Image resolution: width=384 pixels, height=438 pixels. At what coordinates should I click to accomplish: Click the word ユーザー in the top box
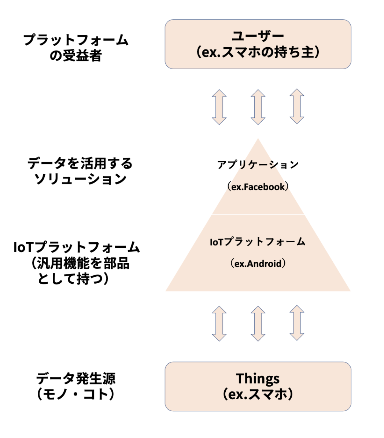(258, 36)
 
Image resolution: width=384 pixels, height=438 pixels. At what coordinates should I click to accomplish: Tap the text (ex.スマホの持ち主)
(258, 52)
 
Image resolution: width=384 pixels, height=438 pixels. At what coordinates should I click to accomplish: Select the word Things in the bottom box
(258, 378)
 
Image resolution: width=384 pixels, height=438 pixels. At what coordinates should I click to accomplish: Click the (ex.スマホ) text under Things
(258, 394)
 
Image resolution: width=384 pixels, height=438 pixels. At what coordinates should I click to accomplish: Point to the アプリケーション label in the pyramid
(258, 165)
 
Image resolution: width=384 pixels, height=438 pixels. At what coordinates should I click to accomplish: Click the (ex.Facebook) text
(258, 187)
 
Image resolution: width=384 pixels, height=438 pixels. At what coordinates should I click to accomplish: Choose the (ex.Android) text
(258, 264)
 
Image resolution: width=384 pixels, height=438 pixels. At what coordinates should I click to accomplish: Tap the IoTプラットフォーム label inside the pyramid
(258, 242)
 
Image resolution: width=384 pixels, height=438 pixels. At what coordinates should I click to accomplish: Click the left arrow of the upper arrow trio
(219, 107)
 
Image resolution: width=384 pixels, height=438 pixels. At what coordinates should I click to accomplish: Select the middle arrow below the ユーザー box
(258, 107)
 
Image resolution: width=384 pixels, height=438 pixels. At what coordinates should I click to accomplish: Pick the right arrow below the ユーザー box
(297, 107)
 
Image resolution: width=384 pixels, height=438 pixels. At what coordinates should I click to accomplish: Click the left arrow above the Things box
(219, 324)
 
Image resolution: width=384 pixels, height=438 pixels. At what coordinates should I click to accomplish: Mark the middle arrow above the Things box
(258, 324)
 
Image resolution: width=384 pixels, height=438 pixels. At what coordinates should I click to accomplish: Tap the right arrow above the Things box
(297, 324)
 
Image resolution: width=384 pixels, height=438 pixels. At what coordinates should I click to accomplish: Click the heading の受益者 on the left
(75, 56)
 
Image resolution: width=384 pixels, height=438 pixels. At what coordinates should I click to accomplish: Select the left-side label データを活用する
(80, 163)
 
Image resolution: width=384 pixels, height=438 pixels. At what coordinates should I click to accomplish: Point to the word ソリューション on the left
(80, 179)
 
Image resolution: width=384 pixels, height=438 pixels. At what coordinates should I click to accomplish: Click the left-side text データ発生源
(75, 378)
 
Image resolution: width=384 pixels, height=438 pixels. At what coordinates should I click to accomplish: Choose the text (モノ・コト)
(75, 394)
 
